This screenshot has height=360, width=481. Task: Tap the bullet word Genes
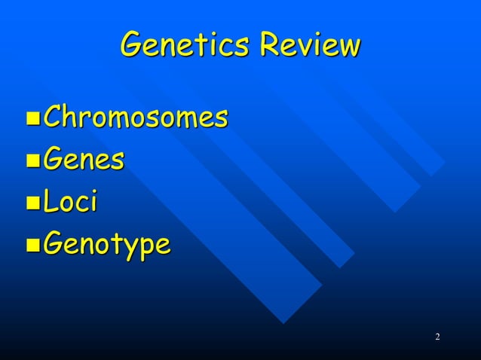tap(83, 160)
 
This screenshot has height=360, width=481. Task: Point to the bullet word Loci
tap(70, 202)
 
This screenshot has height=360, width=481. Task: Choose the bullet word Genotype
tap(106, 246)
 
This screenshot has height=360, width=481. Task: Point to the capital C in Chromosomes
tap(54, 117)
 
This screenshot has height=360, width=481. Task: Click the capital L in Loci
tap(51, 202)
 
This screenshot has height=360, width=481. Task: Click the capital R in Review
tap(268, 46)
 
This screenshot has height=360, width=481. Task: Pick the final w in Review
tap(349, 48)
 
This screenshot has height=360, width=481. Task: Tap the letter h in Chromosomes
tap(70, 117)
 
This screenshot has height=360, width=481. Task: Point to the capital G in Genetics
tap(131, 46)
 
